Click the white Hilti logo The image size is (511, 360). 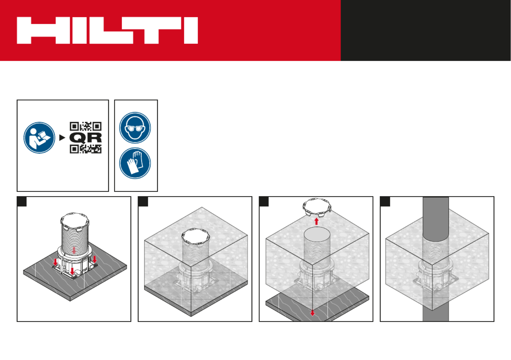coord(107,30)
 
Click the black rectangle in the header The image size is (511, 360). coord(426,30)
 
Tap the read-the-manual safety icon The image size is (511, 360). coord(39,138)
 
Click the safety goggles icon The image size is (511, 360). coord(135,128)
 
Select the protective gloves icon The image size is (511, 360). coord(135,163)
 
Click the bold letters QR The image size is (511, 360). coord(86,138)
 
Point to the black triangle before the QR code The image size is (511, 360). coord(62,138)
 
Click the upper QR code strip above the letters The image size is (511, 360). coord(86,126)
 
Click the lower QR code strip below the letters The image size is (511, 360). coord(86,149)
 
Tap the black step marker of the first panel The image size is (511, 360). coord(22,202)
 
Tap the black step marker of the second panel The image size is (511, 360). coord(143,202)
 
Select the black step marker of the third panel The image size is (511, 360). coord(264,202)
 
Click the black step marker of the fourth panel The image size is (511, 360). coord(385,202)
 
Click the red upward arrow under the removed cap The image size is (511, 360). coord(316,222)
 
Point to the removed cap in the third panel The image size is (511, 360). coord(316,207)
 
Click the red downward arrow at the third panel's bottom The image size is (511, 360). coord(313,313)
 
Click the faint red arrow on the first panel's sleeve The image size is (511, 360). coord(74,250)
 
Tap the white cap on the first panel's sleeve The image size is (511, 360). coord(75,222)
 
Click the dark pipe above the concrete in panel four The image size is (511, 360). coord(436,219)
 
